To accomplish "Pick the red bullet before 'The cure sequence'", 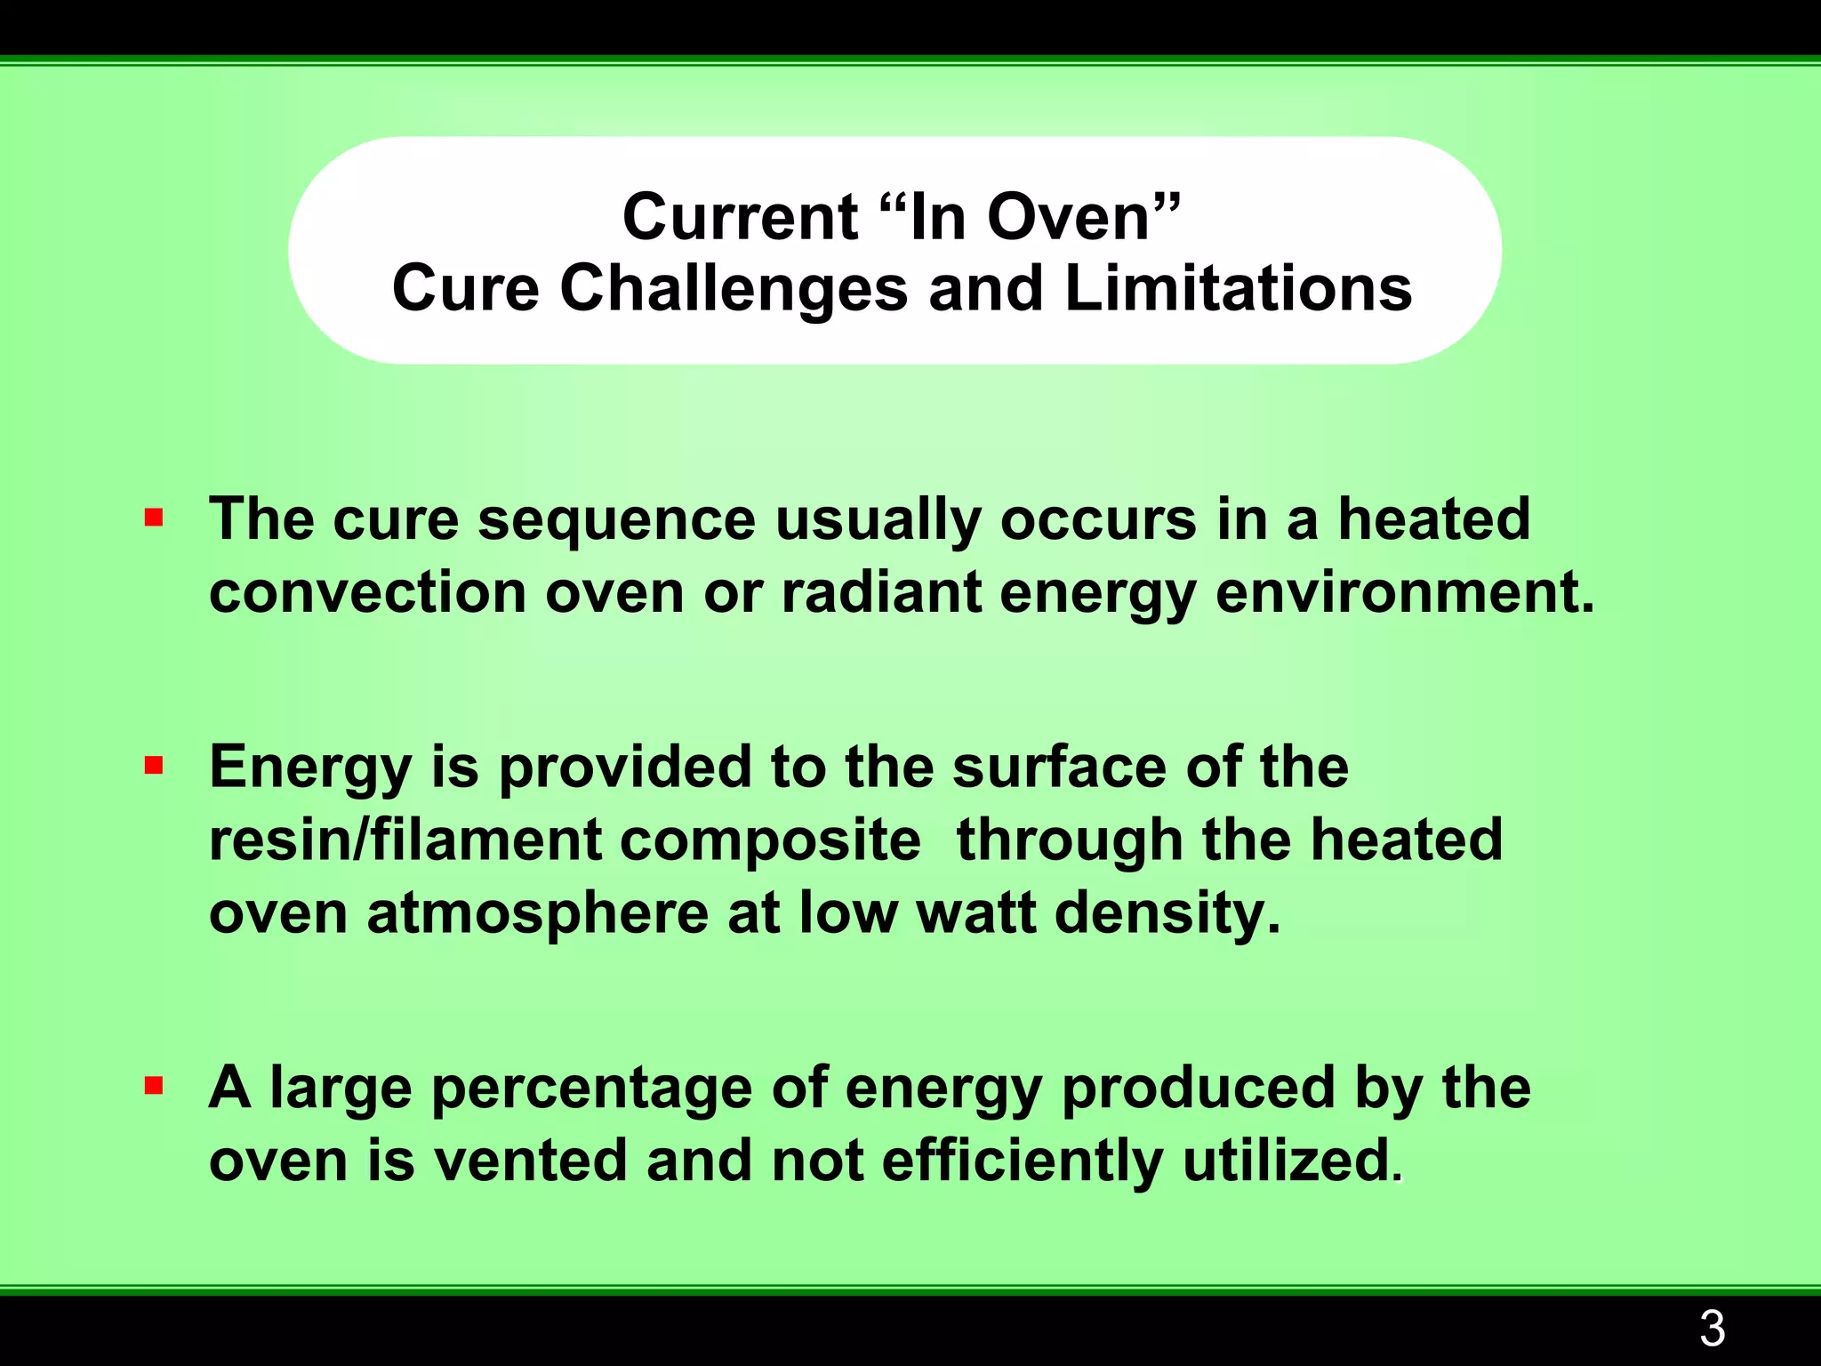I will coord(154,518).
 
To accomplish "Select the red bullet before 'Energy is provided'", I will coord(154,766).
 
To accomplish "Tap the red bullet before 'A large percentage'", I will coord(154,1086).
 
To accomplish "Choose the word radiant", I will coord(880,593).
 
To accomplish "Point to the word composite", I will coord(770,842).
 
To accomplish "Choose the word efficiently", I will coord(1023,1162).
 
